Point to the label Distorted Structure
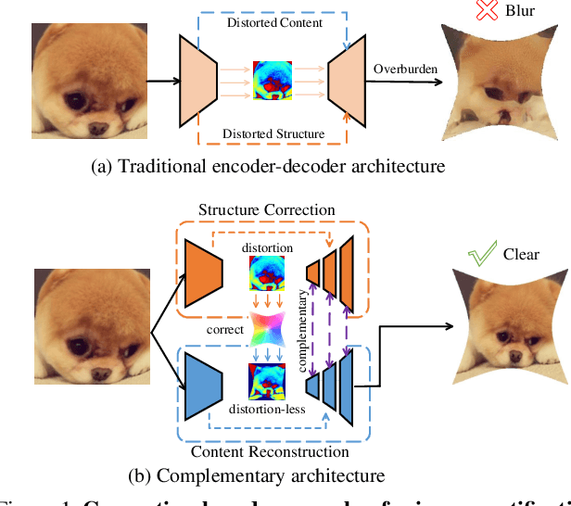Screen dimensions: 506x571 point(273,133)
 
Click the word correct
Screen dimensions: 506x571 point(227,328)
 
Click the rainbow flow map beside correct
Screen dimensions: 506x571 point(266,328)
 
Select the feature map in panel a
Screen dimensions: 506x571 point(273,81)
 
